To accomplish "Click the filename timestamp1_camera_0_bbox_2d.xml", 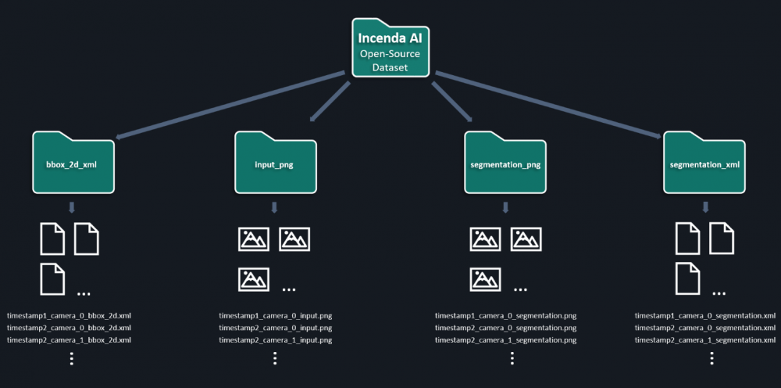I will (69, 316).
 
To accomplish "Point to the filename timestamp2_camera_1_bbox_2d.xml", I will (69, 340).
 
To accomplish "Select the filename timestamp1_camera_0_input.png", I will (276, 316).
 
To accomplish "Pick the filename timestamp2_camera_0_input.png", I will (276, 328).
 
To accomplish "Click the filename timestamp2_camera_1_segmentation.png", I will (505, 340).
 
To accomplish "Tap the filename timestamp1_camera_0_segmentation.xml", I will (705, 316).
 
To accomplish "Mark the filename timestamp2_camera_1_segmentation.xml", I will (705, 340).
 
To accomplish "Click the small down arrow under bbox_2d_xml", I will (73, 207).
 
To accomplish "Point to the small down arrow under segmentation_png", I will (505, 207).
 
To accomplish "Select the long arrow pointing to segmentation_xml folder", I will (547, 105).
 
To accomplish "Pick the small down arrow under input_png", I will (275, 207).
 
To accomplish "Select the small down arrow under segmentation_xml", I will (705, 207).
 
